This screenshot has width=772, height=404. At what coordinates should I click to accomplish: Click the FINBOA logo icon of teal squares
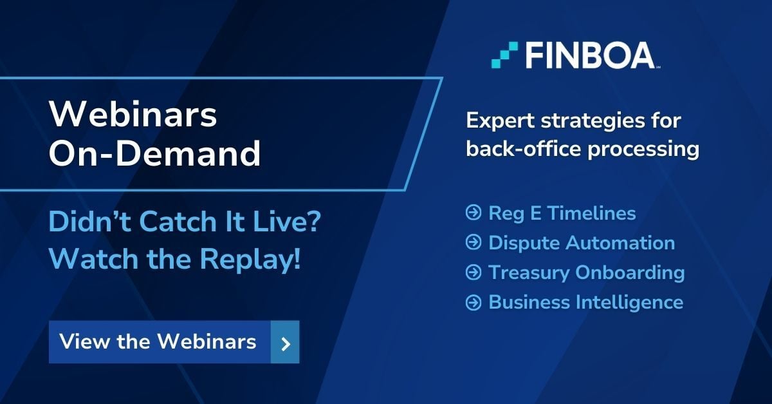[x=504, y=55]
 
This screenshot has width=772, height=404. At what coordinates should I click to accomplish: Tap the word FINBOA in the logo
[x=589, y=55]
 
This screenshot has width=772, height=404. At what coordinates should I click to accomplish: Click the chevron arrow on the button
[x=286, y=343]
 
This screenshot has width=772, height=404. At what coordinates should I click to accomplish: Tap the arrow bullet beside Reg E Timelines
[x=473, y=213]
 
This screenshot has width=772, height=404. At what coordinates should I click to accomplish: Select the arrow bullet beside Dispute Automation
[x=473, y=243]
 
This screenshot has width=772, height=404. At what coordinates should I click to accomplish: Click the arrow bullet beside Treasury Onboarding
[x=473, y=273]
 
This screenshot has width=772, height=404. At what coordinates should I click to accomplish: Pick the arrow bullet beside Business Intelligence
[x=473, y=302]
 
